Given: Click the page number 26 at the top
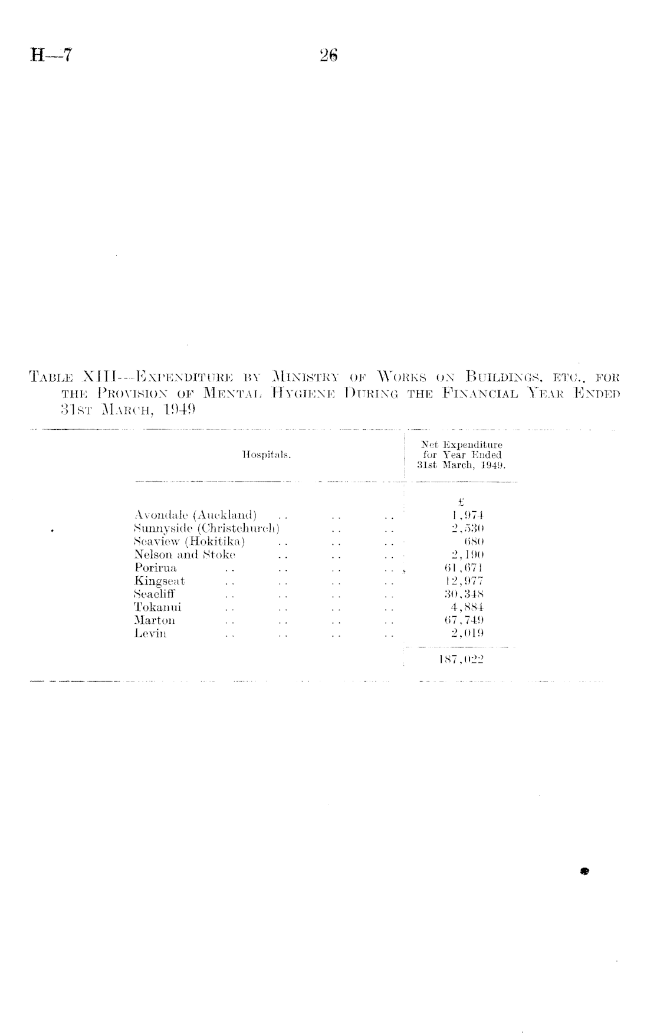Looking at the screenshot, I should pos(328,56).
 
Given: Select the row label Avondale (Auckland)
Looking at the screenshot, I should pos(195,515).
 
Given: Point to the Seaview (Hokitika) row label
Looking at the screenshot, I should pos(189,541).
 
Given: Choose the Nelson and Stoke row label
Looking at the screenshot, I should pos(185,554).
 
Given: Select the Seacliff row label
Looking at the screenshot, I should pos(155,594).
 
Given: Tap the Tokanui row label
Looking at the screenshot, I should pos(157,607).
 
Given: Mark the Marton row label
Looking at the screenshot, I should pos(155,620).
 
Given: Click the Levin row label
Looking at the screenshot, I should pos(150,634).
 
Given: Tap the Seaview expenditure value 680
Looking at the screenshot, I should pos(474,541).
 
